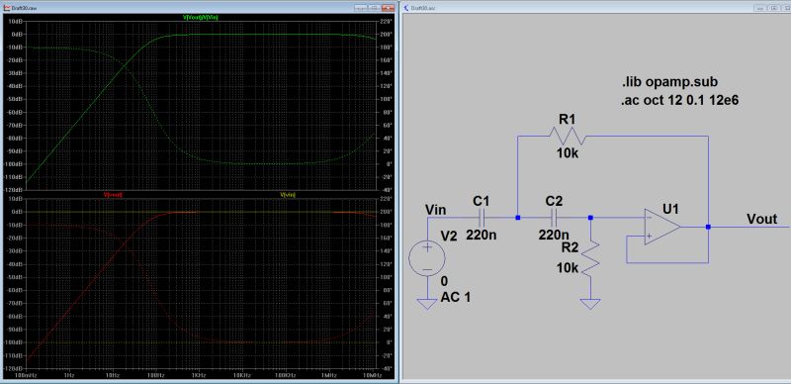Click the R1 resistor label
568,120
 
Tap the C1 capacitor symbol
483,215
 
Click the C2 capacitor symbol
555,215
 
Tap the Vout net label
761,219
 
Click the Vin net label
437,210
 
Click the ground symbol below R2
590,305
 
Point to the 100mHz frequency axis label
27,375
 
